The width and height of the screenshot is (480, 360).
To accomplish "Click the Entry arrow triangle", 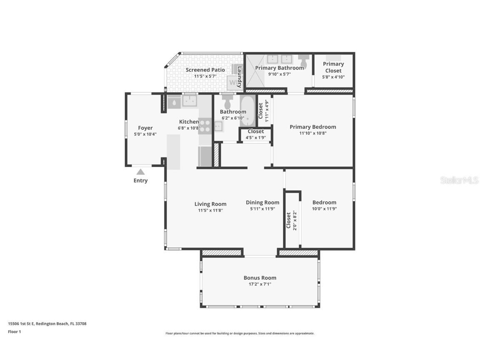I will [x=141, y=172].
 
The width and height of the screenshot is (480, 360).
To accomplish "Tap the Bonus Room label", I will [x=260, y=278].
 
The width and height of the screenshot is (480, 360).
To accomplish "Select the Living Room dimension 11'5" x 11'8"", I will [x=210, y=210].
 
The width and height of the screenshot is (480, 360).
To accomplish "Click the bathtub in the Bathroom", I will [x=247, y=110].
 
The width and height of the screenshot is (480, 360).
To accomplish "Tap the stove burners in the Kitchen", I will [x=205, y=126].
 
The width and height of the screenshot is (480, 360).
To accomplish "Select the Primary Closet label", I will [x=333, y=67].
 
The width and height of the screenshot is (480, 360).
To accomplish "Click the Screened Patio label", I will [x=205, y=70].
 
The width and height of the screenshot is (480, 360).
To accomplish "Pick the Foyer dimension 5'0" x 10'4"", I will [x=145, y=134].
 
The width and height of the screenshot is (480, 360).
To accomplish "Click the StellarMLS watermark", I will [x=459, y=180].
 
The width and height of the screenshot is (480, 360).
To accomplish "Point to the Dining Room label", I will [x=262, y=202].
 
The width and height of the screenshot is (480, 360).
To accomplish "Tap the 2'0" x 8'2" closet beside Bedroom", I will [x=292, y=220].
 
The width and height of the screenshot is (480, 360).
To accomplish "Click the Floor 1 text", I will [x=14, y=332].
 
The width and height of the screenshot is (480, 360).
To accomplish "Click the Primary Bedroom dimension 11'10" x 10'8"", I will [x=312, y=133].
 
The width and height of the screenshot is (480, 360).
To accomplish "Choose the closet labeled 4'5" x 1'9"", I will [x=255, y=135].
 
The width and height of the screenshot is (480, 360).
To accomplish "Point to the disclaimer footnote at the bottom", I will [x=240, y=333].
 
